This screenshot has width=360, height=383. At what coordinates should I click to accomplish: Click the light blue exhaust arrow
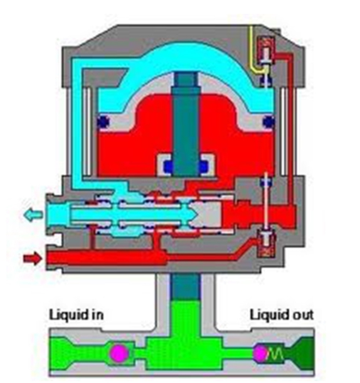33,215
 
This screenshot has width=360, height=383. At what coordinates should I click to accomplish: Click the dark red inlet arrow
33,258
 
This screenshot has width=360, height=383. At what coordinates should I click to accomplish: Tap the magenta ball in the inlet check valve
119,353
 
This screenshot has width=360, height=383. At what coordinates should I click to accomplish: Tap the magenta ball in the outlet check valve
260,353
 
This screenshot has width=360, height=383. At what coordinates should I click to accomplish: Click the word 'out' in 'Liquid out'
302,315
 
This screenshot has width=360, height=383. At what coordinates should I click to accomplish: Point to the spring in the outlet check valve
276,353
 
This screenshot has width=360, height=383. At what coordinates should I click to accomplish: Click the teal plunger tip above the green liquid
186,287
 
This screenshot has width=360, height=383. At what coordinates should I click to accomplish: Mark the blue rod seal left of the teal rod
169,166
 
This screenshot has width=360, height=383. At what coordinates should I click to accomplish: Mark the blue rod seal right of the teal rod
204,166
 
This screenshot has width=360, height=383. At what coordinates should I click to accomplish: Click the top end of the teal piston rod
186,72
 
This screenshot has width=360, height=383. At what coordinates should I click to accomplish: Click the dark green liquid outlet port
302,353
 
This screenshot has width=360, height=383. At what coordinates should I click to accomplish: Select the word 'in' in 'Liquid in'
97,315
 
